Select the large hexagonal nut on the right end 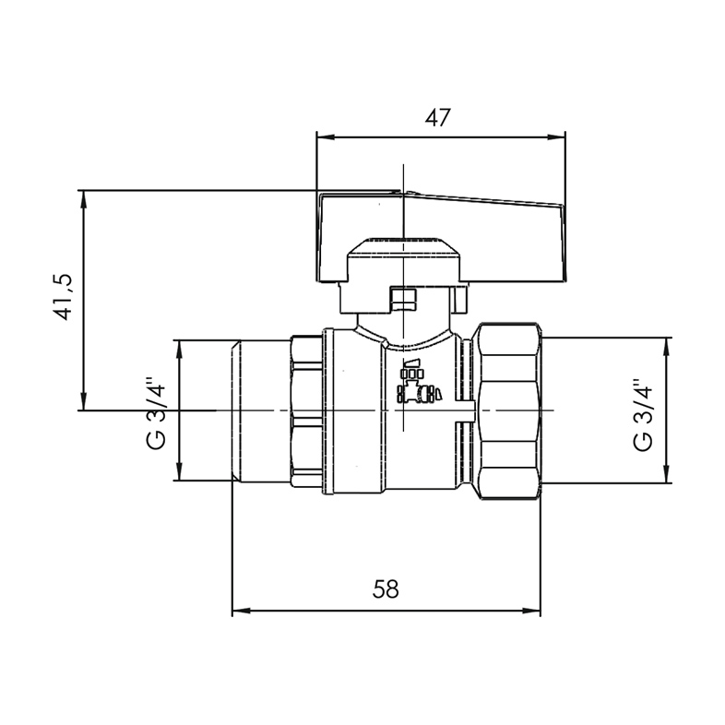pyautogui.click(x=506, y=410)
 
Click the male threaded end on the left pyautogui.click(x=259, y=410)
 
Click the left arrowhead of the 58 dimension pyautogui.click(x=238, y=610)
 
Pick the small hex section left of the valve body pyautogui.click(x=305, y=410)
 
